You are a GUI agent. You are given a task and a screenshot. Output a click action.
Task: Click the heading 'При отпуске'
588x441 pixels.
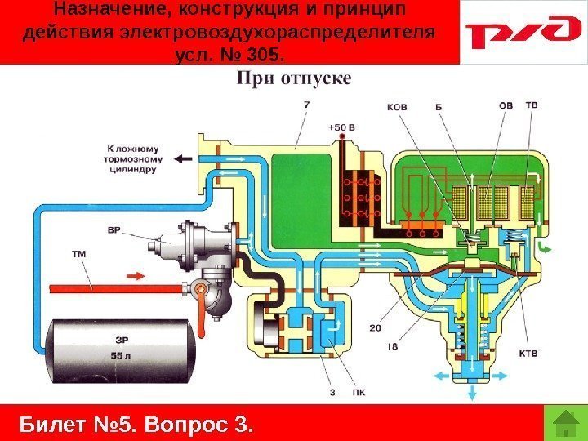pyautogui.click(x=294, y=78)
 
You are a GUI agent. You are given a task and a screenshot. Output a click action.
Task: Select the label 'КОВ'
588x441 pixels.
pyautogui.click(x=396, y=105)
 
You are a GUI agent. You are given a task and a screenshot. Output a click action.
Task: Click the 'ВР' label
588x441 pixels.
pyautogui.click(x=115, y=230)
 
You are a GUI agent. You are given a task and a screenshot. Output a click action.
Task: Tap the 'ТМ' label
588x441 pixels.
pyautogui.click(x=79, y=255)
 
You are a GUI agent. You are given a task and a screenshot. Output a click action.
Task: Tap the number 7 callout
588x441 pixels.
pyautogui.click(x=305, y=105)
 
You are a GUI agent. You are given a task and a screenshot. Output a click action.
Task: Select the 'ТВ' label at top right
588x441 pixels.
pyautogui.click(x=531, y=105)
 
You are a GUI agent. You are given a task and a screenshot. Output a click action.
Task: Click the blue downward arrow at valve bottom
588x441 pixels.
pyautogui.click(x=471, y=394)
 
